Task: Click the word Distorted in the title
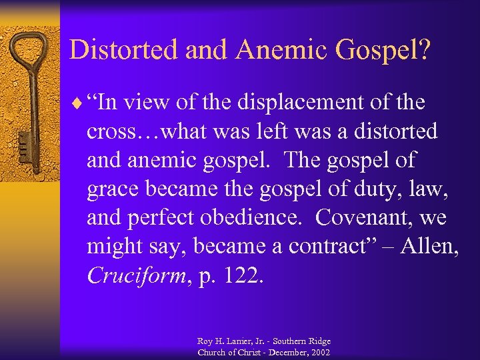click(x=114, y=50)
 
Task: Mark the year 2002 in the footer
click(x=319, y=351)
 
